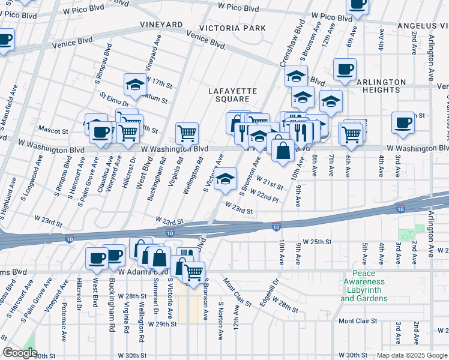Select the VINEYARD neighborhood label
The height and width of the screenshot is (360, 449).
coord(161,25)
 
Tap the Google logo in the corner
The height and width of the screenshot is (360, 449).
coord(20,353)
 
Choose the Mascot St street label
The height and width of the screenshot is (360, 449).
coord(53,130)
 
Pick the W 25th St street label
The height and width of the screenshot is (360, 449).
coord(318,242)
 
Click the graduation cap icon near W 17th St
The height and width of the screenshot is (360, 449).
coord(136,85)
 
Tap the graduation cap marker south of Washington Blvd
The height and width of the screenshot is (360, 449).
coord(225,179)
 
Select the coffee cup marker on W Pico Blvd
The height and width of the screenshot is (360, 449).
coord(358,4)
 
